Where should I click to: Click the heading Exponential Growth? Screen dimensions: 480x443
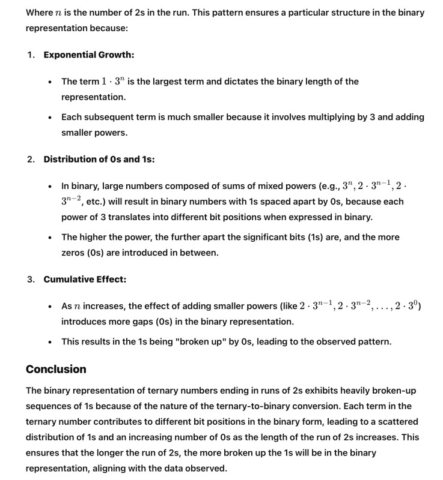[x=88, y=55]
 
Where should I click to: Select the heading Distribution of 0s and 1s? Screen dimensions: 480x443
[x=99, y=160]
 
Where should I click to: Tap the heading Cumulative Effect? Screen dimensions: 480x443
[x=85, y=280]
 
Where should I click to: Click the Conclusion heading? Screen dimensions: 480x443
[x=56, y=369]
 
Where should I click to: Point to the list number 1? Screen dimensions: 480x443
[x=31, y=55]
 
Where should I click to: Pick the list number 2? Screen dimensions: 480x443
[x=31, y=160]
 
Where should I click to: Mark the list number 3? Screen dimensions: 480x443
[x=31, y=280]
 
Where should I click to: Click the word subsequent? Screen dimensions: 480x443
[x=109, y=117]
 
